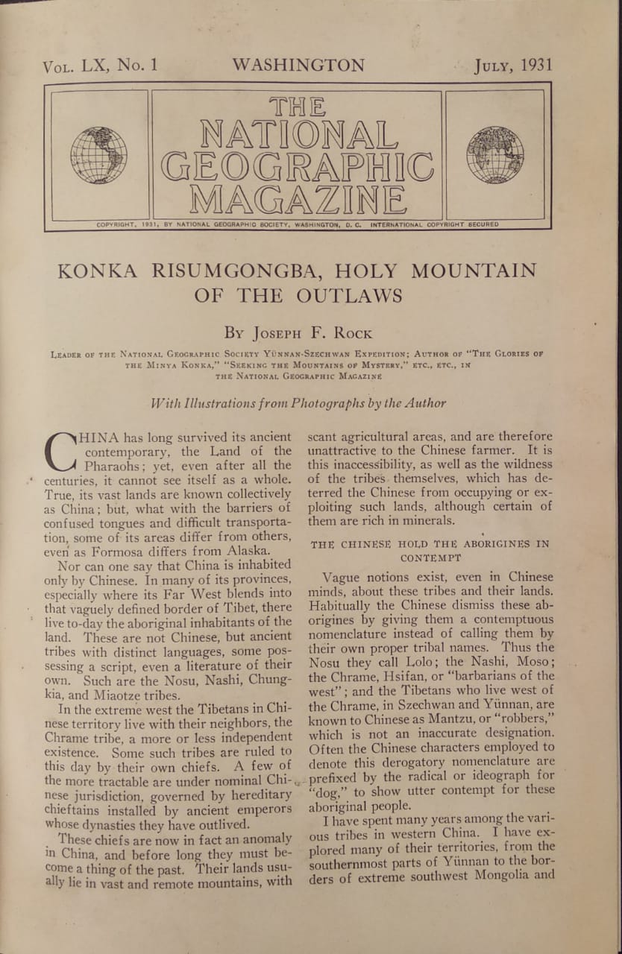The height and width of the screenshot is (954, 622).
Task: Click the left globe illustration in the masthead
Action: (x=98, y=155)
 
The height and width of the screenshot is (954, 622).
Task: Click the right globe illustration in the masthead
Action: (x=495, y=155)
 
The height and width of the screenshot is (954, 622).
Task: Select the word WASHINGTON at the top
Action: (x=298, y=65)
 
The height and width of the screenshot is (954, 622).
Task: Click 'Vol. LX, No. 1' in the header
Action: (x=100, y=66)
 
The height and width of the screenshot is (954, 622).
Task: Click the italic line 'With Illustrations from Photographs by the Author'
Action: (x=298, y=403)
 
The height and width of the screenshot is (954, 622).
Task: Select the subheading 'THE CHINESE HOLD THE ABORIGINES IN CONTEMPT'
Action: (x=430, y=550)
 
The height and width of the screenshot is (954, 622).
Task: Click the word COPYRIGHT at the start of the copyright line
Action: (x=119, y=224)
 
